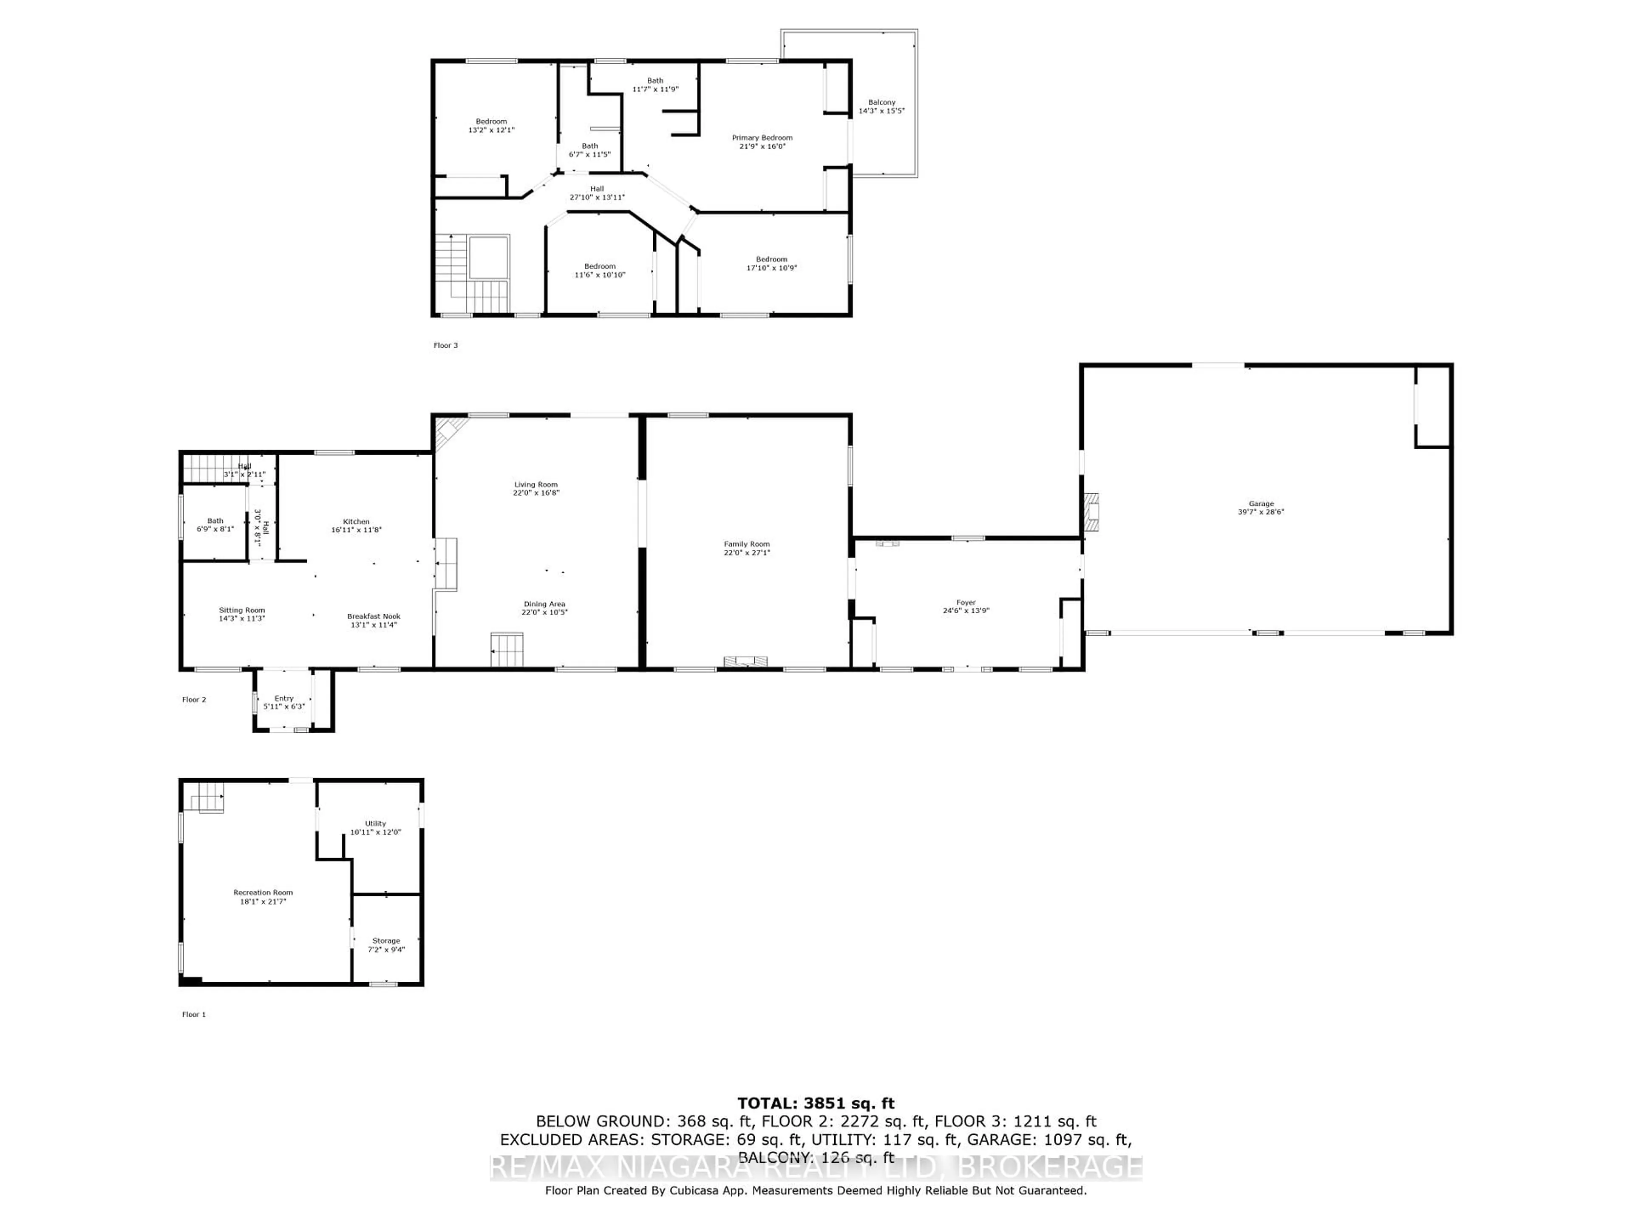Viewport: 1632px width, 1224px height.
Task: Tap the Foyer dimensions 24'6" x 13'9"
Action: pyautogui.click(x=966, y=611)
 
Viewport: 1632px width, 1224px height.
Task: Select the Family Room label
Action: pyautogui.click(x=747, y=544)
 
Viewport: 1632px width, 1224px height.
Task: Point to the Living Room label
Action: pyautogui.click(x=536, y=485)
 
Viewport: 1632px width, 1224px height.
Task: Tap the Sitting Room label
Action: pyautogui.click(x=241, y=610)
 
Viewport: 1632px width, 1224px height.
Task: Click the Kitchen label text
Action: pyautogui.click(x=356, y=521)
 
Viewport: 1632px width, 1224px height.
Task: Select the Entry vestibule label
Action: pyautogui.click(x=284, y=698)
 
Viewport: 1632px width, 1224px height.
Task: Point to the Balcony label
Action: pyautogui.click(x=882, y=102)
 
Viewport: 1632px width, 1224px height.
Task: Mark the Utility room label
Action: pyautogui.click(x=376, y=823)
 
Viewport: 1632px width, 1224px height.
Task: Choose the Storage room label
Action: pyautogui.click(x=386, y=941)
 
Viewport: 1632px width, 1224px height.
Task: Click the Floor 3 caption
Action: pyautogui.click(x=446, y=345)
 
